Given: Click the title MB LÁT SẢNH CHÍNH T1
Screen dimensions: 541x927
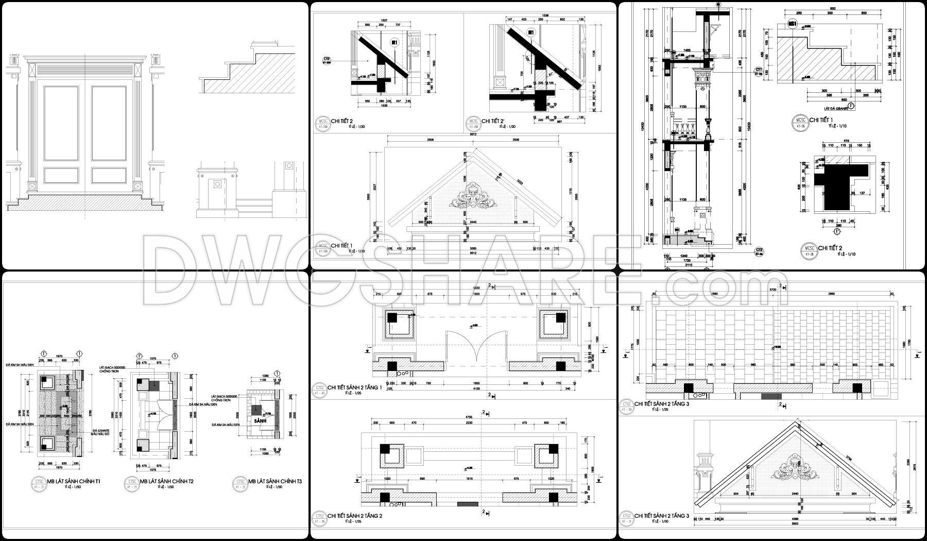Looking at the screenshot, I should point(74,481).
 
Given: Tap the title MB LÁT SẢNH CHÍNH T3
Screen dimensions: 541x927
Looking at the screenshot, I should point(275,481).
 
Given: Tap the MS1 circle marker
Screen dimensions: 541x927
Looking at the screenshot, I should point(793,24).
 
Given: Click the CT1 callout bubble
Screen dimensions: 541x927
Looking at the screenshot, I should point(759,70).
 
